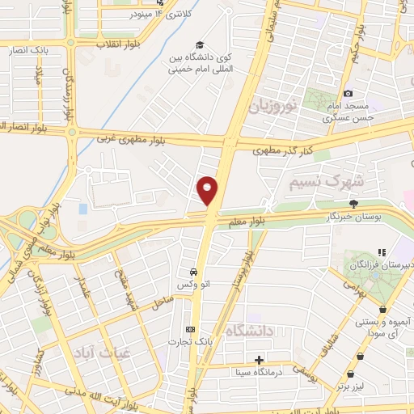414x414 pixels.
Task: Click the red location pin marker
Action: pyautogui.click(x=208, y=191)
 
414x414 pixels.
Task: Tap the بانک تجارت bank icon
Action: pyautogui.click(x=190, y=329)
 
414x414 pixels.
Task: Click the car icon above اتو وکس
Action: pyautogui.click(x=193, y=272)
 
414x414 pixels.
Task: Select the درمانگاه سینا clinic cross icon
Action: pyautogui.click(x=259, y=360)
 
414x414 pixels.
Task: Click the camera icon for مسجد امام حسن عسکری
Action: pyautogui.click(x=348, y=94)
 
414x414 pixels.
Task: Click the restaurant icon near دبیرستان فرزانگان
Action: pyautogui.click(x=381, y=252)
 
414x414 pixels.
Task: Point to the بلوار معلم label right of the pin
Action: pyautogui.click(x=270, y=221)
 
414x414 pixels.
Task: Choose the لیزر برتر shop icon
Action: pyautogui.click(x=351, y=374)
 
